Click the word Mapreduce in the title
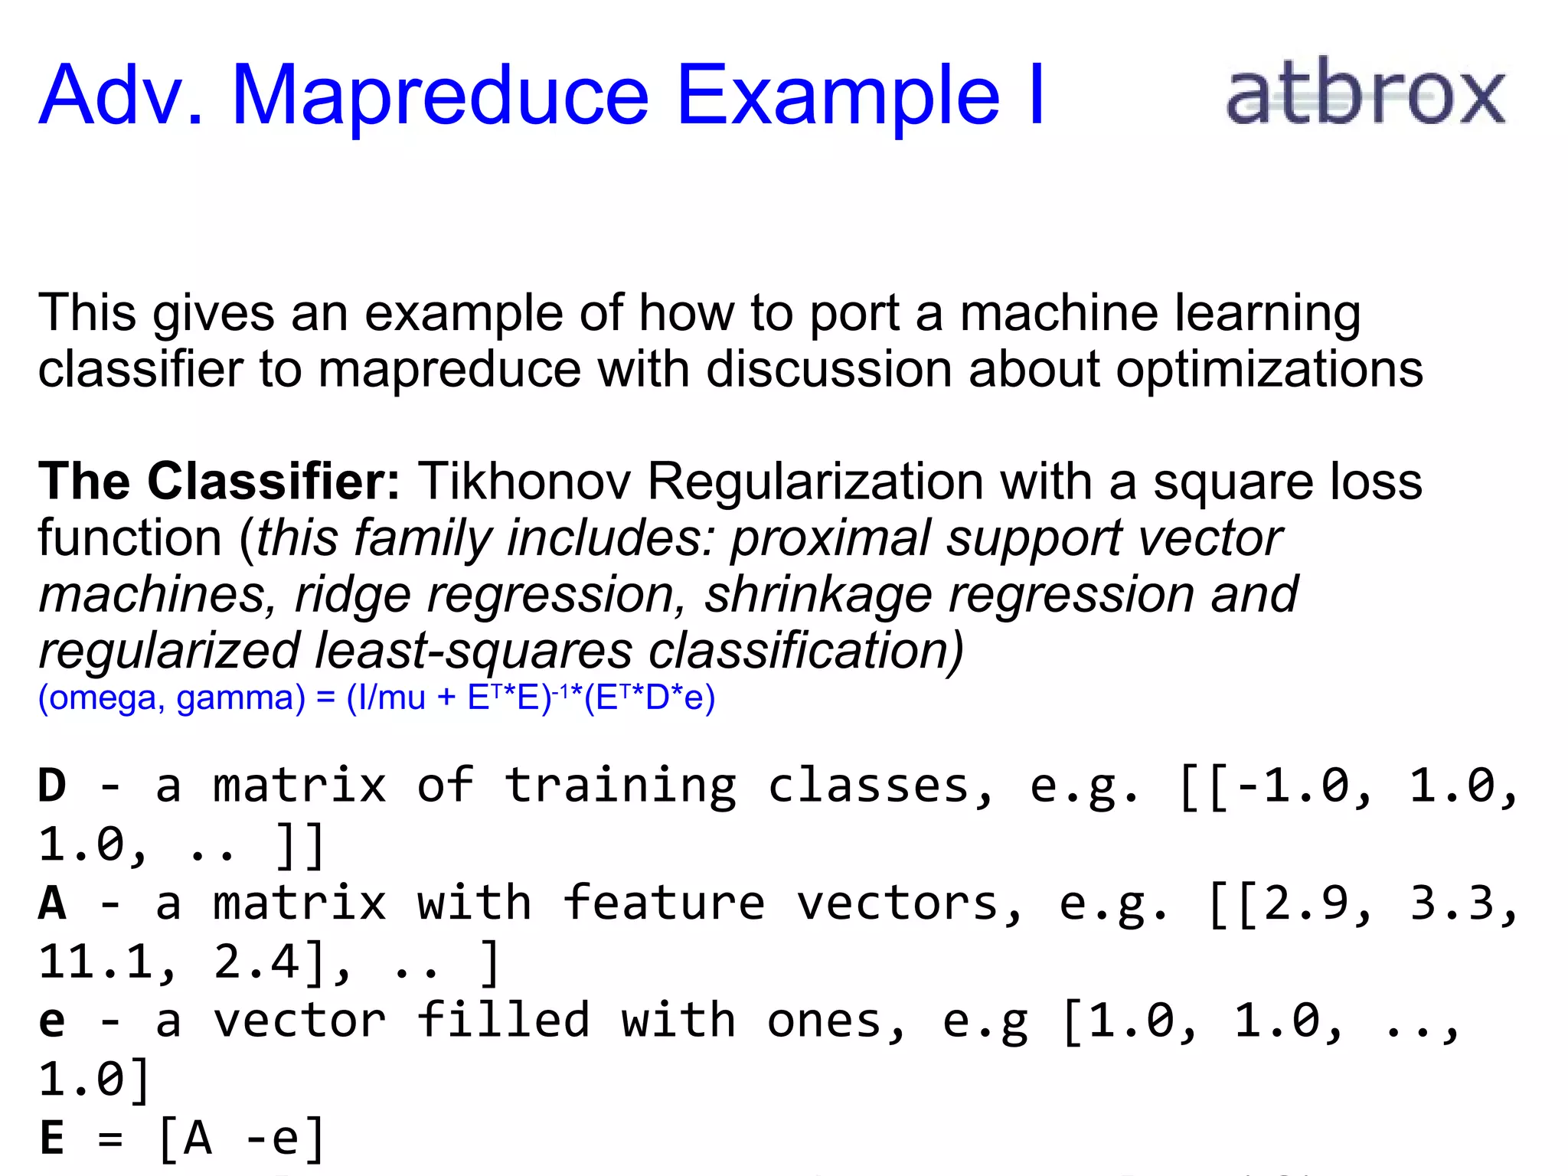click(440, 96)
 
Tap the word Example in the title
click(838, 96)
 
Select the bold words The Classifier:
click(219, 482)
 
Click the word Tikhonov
click(524, 482)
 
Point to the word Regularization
click(815, 482)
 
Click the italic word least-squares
click(474, 651)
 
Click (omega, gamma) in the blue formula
click(171, 697)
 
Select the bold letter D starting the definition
click(52, 786)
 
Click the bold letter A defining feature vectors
click(52, 903)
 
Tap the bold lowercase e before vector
click(52, 1022)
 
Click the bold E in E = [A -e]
click(52, 1138)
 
